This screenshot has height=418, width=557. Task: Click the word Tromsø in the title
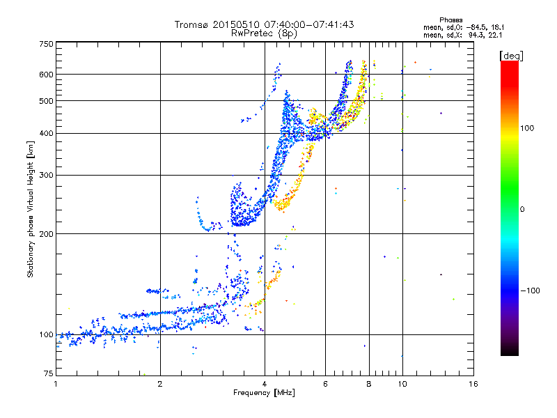[x=192, y=24]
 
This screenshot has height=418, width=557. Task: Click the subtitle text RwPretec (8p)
[x=264, y=33]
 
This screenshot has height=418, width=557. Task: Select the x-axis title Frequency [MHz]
[x=264, y=393]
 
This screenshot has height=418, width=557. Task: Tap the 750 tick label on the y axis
[x=47, y=44]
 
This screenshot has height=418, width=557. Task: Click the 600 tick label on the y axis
[x=47, y=75]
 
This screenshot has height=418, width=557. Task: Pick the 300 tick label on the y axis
[x=47, y=176]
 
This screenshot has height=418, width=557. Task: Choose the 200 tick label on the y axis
[x=47, y=234]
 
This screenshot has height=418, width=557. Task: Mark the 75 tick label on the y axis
[x=49, y=373]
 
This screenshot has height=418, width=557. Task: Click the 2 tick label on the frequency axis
[x=160, y=384]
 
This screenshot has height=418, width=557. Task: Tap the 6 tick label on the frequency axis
[x=325, y=384]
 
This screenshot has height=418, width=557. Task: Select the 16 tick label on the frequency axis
[x=473, y=384]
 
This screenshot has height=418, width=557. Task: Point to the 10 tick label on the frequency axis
[x=402, y=384]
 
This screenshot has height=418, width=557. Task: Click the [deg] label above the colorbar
[x=512, y=56]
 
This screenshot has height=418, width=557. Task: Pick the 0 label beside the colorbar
[x=522, y=210]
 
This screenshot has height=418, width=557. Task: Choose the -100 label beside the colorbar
[x=530, y=291]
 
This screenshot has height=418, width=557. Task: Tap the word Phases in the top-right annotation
[x=451, y=20]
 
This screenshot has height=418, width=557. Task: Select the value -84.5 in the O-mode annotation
[x=476, y=28]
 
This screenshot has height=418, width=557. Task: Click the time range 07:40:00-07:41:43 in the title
[x=309, y=24]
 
